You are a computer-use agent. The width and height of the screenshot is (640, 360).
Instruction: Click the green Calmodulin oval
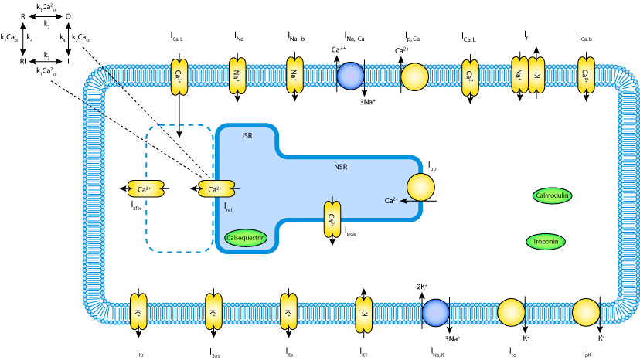pos(552,195)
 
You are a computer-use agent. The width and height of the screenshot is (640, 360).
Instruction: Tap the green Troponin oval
pos(546,242)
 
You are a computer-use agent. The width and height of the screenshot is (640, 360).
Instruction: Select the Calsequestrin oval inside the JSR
pos(246,238)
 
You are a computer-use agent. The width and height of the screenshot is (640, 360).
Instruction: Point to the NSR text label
pos(341,166)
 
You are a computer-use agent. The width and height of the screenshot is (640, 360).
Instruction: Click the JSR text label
pos(247,136)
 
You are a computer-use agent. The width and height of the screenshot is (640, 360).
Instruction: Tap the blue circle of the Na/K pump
pos(435,313)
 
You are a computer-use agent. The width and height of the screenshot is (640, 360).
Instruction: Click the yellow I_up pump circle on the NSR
pos(421,188)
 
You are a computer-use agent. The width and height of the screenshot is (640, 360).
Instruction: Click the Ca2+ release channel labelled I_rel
pos(216,189)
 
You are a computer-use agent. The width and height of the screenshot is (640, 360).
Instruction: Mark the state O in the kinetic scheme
pos(68,16)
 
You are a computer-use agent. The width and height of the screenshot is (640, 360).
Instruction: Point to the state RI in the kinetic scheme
pos(23,60)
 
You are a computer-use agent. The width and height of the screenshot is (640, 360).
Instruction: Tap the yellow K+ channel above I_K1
pos(363,313)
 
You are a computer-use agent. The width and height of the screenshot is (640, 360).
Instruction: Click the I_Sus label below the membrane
pos(215,353)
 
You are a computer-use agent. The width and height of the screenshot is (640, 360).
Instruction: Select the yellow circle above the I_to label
pos(511,313)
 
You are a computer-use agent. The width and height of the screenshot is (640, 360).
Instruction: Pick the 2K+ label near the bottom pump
pos(422,287)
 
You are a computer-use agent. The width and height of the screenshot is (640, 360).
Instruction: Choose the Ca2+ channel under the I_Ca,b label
pos(586,76)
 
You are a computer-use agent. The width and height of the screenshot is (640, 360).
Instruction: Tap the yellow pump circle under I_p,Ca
pos(414,76)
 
